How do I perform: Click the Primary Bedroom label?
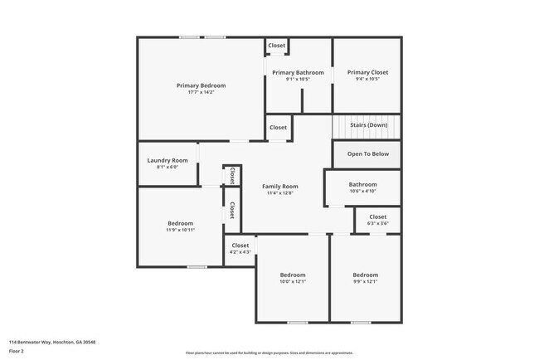[201, 85]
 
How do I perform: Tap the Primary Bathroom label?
[298, 73]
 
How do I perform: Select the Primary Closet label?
[367, 73]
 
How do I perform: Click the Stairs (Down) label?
[368, 125]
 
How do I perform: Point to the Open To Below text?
[367, 154]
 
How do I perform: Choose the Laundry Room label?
[168, 160]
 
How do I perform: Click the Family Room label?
[280, 187]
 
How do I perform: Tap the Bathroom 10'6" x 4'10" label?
[362, 185]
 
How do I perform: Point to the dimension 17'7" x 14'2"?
[201, 92]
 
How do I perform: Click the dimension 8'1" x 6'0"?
[168, 167]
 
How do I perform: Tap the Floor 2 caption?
[17, 351]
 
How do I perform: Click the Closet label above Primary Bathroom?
[276, 45]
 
